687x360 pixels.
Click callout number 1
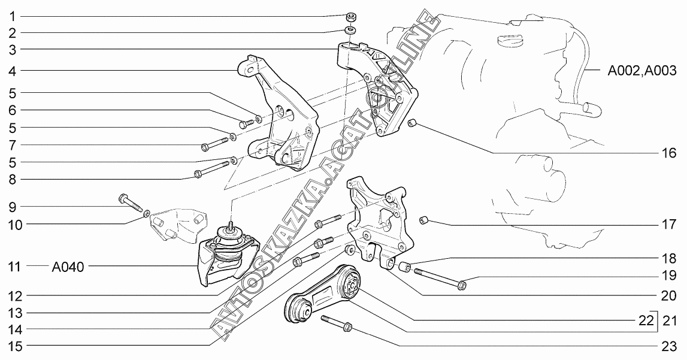pos(11,16)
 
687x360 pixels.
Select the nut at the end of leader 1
pos(350,16)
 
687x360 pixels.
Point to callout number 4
pos(11,71)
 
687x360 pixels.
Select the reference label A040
pos(68,267)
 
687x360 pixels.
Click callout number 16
pos(668,153)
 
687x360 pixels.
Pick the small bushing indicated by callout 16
pos(413,124)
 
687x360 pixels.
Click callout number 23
pos(670,347)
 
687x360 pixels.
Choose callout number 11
pos(11,267)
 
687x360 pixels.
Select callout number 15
pos(11,346)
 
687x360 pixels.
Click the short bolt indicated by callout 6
pos(247,123)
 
